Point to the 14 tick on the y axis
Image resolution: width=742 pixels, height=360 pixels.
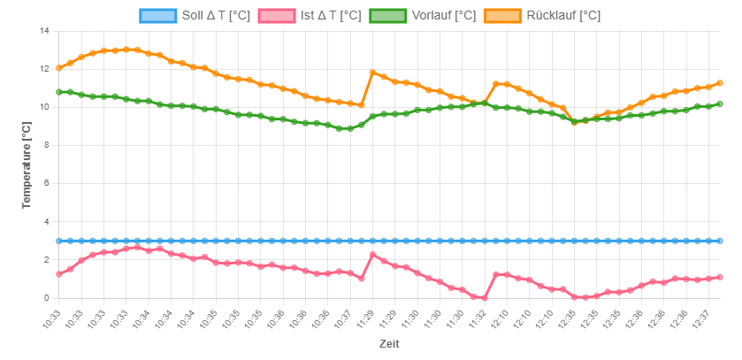coord(43,31)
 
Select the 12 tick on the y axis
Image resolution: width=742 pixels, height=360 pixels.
coord(43,69)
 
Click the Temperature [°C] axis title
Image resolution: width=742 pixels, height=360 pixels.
coord(27,165)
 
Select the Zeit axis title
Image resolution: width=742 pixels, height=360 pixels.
coord(390,343)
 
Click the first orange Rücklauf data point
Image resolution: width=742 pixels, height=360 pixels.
coord(59,67)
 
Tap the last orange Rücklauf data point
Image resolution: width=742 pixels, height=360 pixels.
coord(720,83)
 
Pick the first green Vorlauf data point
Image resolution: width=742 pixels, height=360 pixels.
coord(59,92)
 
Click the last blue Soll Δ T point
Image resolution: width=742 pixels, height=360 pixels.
coord(720,241)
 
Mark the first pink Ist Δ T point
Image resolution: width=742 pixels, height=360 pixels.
coord(59,274)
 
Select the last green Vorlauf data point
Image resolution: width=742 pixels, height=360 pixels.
coord(720,103)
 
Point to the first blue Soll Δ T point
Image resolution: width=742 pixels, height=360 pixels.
coord(59,241)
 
